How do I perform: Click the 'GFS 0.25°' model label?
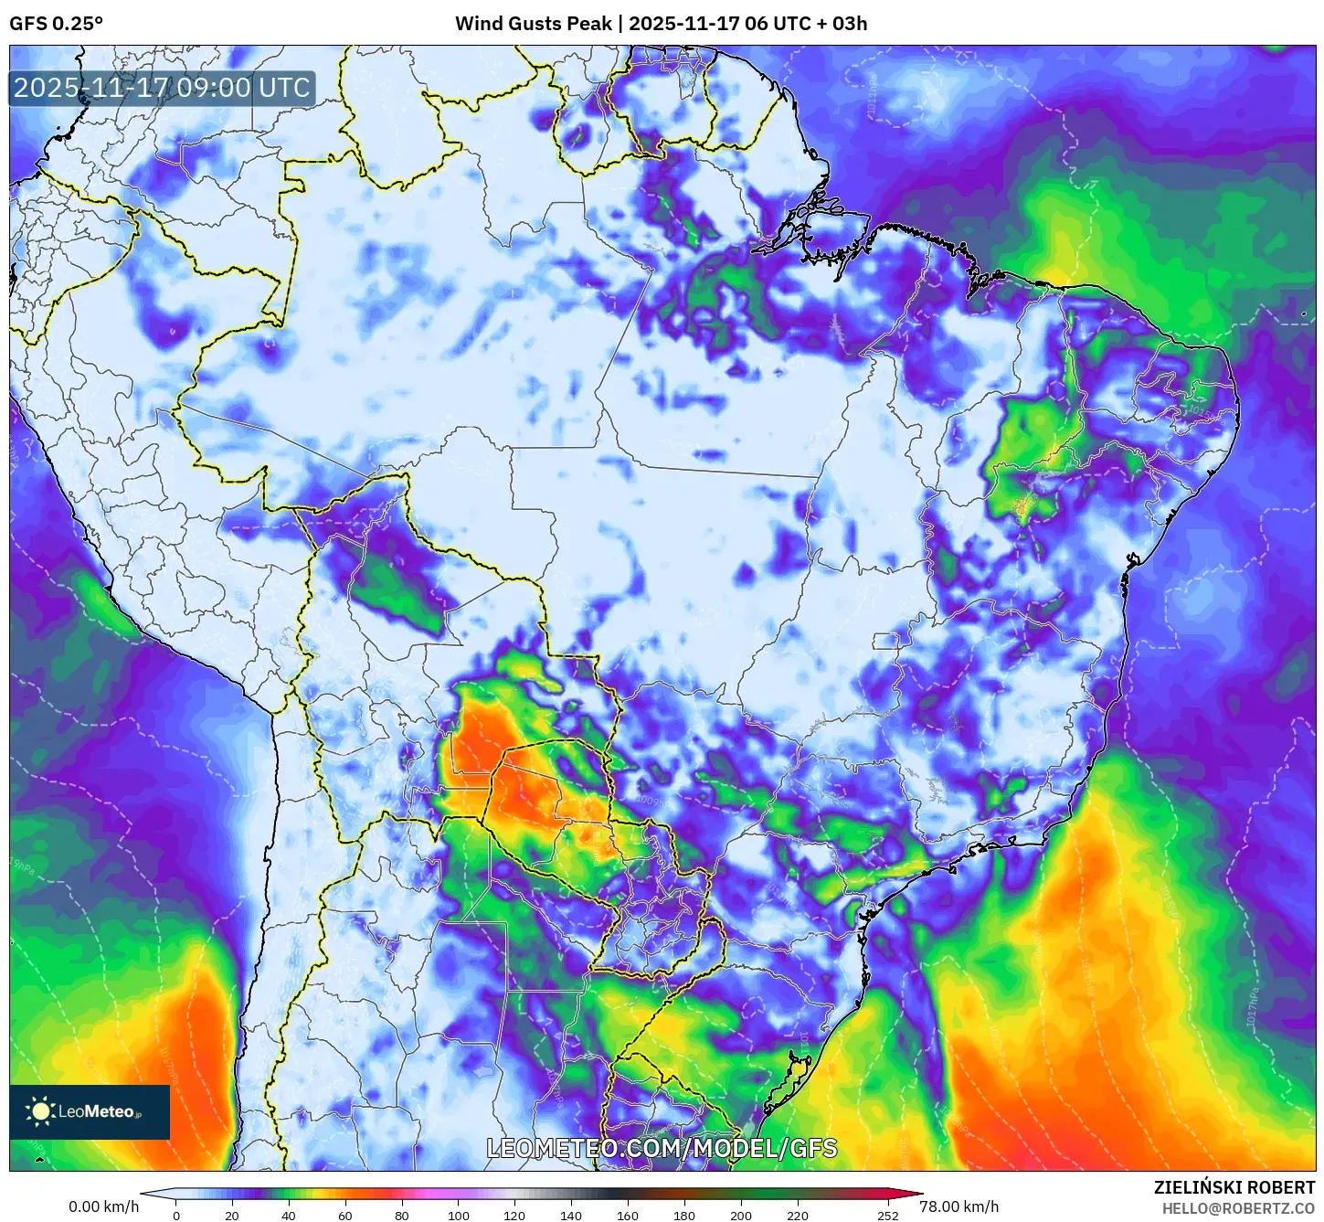pyautogui.click(x=56, y=24)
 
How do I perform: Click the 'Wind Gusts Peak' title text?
pyautogui.click(x=533, y=24)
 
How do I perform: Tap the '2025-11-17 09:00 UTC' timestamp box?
pyautogui.click(x=162, y=89)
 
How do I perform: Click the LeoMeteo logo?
pyautogui.click(x=90, y=1111)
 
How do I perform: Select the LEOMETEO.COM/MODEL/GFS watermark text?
pyautogui.click(x=662, y=1148)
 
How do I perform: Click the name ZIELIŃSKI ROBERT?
pyautogui.click(x=1234, y=1187)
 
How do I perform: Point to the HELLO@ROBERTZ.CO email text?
pyautogui.click(x=1238, y=1208)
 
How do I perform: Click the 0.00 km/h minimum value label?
pyautogui.click(x=104, y=1206)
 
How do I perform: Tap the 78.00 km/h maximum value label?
pyautogui.click(x=959, y=1206)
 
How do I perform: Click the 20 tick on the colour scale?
pyautogui.click(x=232, y=1216)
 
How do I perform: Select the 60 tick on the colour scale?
pyautogui.click(x=344, y=1216)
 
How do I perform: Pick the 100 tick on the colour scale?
pyautogui.click(x=459, y=1216)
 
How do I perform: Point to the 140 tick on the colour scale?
pyautogui.click(x=571, y=1216)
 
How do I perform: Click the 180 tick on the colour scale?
pyautogui.click(x=684, y=1216)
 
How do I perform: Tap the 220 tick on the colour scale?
pyautogui.click(x=798, y=1216)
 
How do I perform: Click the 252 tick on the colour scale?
pyautogui.click(x=888, y=1216)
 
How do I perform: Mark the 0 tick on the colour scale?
pyautogui.click(x=176, y=1216)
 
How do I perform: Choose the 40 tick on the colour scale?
pyautogui.click(x=289, y=1216)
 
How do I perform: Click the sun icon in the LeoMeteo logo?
pyautogui.click(x=41, y=1111)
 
